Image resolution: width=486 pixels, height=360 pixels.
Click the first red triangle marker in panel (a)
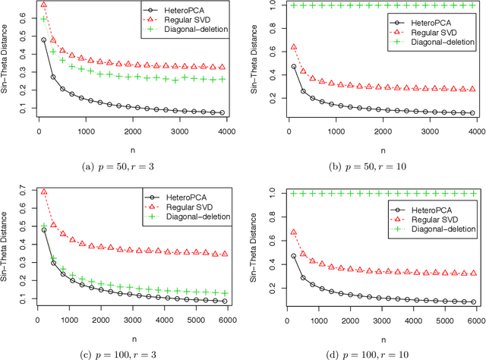(43, 5)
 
